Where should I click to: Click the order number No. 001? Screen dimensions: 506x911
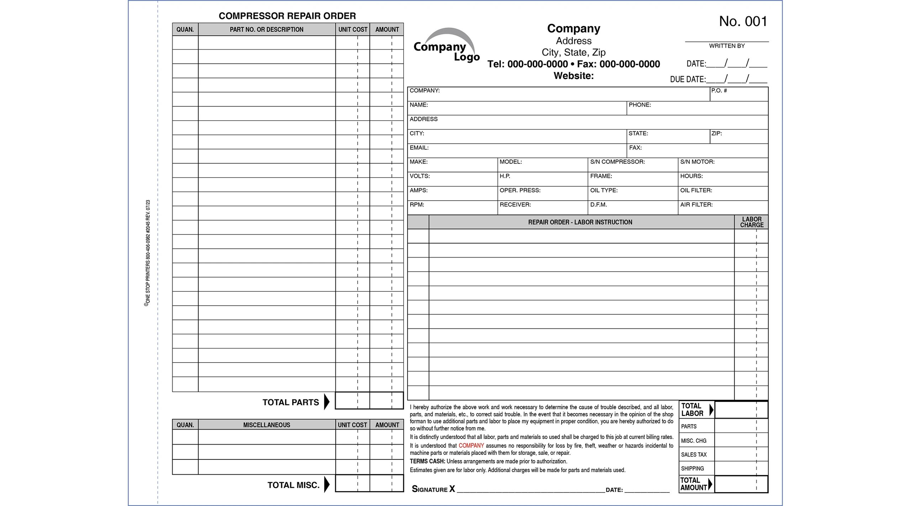click(743, 21)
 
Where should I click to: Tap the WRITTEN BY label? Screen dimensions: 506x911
click(727, 46)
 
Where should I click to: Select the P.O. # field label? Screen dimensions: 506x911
click(718, 91)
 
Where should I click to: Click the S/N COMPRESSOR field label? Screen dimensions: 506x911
click(617, 162)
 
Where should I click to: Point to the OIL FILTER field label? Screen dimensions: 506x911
click(696, 190)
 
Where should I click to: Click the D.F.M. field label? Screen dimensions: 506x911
click(598, 205)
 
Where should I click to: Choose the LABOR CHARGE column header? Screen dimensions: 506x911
click(752, 222)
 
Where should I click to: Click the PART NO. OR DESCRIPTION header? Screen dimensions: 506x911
click(266, 30)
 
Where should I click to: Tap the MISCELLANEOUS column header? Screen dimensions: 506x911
click(266, 425)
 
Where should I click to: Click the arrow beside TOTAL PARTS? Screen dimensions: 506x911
click(327, 402)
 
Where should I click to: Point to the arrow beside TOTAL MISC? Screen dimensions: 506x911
click(327, 485)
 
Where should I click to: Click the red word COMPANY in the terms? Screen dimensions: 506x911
click(471, 446)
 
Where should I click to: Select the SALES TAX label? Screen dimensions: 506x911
click(694, 455)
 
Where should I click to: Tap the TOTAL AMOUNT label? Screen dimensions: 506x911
click(693, 484)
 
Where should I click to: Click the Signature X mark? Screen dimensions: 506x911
click(452, 489)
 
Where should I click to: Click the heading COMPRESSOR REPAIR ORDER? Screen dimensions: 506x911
click(287, 16)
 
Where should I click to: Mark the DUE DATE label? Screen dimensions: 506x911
click(688, 79)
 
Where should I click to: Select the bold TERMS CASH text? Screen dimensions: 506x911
click(427, 462)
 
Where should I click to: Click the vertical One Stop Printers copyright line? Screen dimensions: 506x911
click(148, 253)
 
